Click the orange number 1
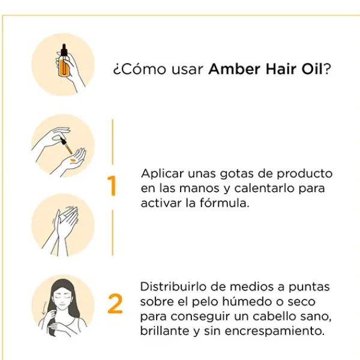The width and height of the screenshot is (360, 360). point(111,187)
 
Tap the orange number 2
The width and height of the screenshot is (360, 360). point(115,304)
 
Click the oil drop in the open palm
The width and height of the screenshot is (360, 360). point(71,160)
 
